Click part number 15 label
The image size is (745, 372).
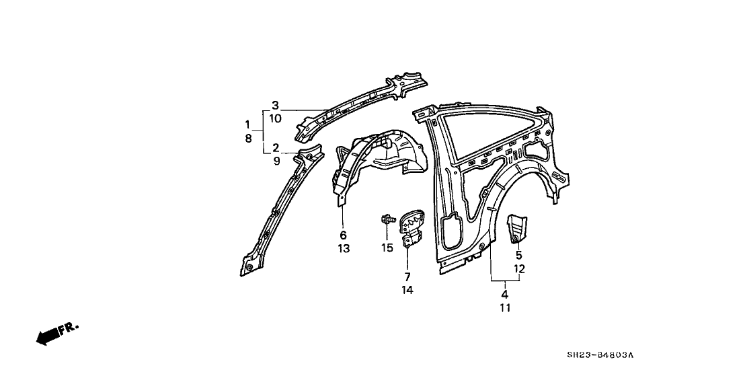coord(387,248)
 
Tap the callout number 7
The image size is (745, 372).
coord(407,276)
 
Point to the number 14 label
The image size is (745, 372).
coord(407,290)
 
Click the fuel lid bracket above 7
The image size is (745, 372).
coord(411,227)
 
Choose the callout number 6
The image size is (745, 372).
coord(343,235)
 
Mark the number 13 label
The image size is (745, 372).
coord(344,248)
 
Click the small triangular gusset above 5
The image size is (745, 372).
coord(517,228)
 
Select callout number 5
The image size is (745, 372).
coord(519,256)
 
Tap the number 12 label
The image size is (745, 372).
coord(519,269)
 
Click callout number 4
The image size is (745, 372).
coord(504,294)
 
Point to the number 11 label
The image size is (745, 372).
coord(504,308)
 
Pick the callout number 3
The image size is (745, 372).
coord(275,105)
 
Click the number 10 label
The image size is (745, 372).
coord(275,118)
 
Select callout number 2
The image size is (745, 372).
coord(276,147)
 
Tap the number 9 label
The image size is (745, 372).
coord(276,161)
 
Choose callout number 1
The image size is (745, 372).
coord(247,124)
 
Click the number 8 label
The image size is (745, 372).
coord(247,139)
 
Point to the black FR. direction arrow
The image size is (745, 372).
coord(57,334)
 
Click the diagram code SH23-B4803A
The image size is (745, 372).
coord(600,355)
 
